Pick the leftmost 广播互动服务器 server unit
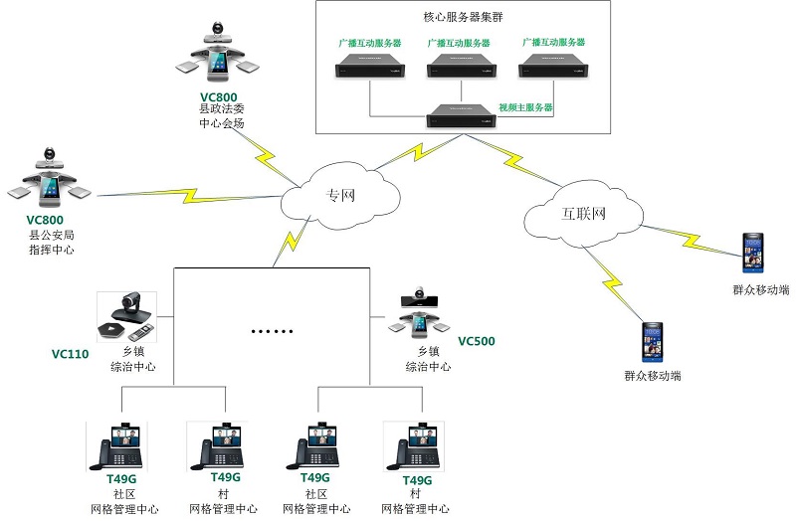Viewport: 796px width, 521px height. point(369,67)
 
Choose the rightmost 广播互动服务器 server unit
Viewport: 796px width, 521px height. point(550,67)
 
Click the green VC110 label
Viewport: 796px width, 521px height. point(70,354)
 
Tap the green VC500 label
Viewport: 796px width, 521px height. point(476,342)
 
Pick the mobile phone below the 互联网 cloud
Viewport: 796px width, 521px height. point(652,342)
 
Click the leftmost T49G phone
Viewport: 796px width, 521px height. point(118,446)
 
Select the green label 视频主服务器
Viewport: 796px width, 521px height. point(524,106)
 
